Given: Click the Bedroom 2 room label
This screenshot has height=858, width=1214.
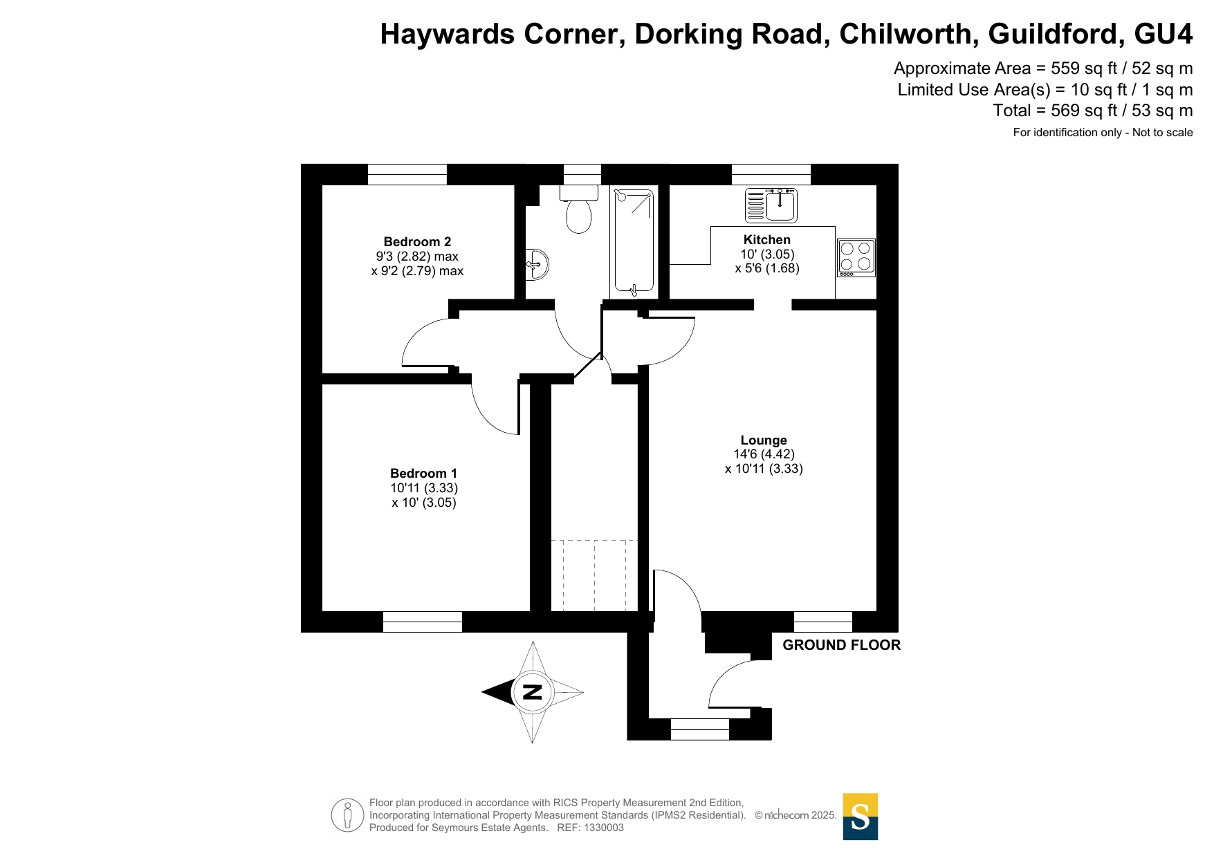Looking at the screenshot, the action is pos(417,242).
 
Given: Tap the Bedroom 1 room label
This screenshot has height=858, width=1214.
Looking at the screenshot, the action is pos(423,474).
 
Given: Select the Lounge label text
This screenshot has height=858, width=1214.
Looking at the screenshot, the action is pos(764,440).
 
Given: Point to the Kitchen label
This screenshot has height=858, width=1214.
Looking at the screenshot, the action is pos(766,240).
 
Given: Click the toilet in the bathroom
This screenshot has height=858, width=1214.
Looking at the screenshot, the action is pos(579,209).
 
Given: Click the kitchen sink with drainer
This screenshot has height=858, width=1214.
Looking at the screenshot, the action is pos(771,205).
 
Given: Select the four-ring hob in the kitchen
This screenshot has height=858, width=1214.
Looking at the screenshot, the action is pos(856,258).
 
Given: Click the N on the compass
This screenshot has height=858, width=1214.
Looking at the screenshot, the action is pos(532,692).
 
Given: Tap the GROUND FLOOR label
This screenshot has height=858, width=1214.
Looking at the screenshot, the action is pos(841,645).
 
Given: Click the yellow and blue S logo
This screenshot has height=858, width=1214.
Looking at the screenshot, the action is pos(860,817).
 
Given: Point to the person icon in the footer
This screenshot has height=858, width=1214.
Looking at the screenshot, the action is pos(347,815).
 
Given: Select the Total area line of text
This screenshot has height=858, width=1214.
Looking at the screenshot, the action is pos(1092,111).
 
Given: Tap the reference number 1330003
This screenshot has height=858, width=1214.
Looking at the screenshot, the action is pos(604,828).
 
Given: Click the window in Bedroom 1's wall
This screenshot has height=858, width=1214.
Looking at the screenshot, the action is pos(423,622).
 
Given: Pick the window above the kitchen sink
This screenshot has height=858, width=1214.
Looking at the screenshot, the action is pos(771,174).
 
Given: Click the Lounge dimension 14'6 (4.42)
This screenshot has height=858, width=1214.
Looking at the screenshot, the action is pos(764,454).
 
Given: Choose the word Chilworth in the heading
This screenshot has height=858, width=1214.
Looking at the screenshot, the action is pos(909,34).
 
